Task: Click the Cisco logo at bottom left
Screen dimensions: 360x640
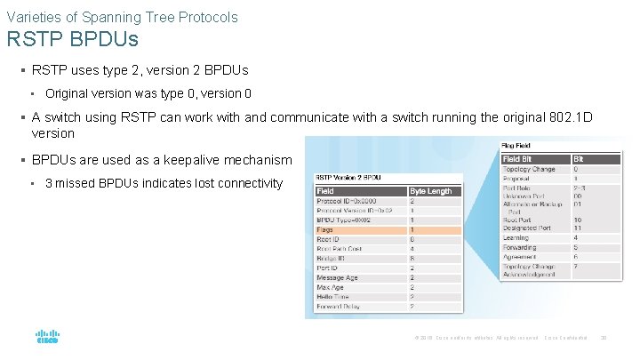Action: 47,338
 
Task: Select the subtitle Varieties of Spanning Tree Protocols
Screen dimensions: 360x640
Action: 122,16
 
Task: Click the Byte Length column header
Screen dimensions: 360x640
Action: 431,190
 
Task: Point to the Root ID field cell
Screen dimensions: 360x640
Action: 330,239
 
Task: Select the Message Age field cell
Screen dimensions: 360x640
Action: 339,277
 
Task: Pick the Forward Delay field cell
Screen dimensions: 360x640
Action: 340,307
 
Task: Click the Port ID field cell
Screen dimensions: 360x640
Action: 328,268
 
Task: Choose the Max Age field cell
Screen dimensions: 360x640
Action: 331,287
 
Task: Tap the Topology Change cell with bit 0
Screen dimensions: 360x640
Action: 530,169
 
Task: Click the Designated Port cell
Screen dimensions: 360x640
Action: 529,228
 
